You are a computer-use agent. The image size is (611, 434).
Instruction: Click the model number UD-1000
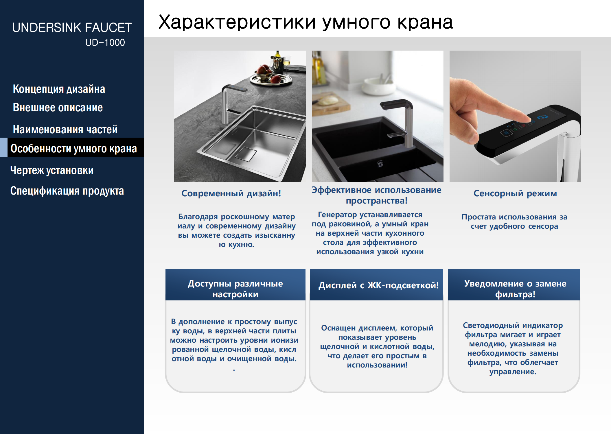pos(105,43)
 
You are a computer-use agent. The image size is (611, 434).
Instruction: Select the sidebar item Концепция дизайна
pos(59,89)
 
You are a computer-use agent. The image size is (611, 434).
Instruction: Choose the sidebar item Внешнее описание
pos(58,108)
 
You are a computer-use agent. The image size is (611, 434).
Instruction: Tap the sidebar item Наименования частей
pos(65,129)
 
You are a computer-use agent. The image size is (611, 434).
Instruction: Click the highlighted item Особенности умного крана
pos(74,148)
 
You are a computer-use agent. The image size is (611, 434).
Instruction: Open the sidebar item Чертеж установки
pos(52,170)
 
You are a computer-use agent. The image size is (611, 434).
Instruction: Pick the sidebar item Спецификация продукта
pos(67,191)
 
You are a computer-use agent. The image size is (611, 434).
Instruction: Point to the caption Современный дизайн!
pos(231,193)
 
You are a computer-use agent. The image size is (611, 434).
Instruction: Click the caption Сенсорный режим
pos(515,193)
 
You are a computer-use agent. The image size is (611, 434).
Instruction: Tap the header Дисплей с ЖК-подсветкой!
pos(378,285)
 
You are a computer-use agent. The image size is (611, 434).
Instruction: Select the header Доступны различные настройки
pos(235,289)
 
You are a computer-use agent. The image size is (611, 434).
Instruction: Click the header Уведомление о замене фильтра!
pos(515,289)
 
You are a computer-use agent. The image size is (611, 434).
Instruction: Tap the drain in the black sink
pos(380,164)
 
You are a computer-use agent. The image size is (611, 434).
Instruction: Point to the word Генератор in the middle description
pos(337,215)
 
